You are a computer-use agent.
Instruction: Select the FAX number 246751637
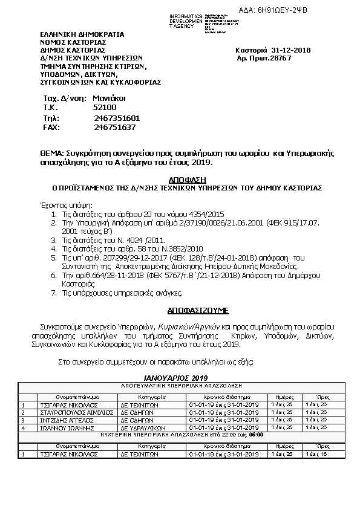pyautogui.click(x=115, y=127)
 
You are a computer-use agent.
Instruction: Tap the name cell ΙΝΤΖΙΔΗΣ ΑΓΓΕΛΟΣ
pyautogui.click(x=61, y=420)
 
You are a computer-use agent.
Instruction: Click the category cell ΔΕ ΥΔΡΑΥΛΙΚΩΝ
pyautogui.click(x=140, y=427)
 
